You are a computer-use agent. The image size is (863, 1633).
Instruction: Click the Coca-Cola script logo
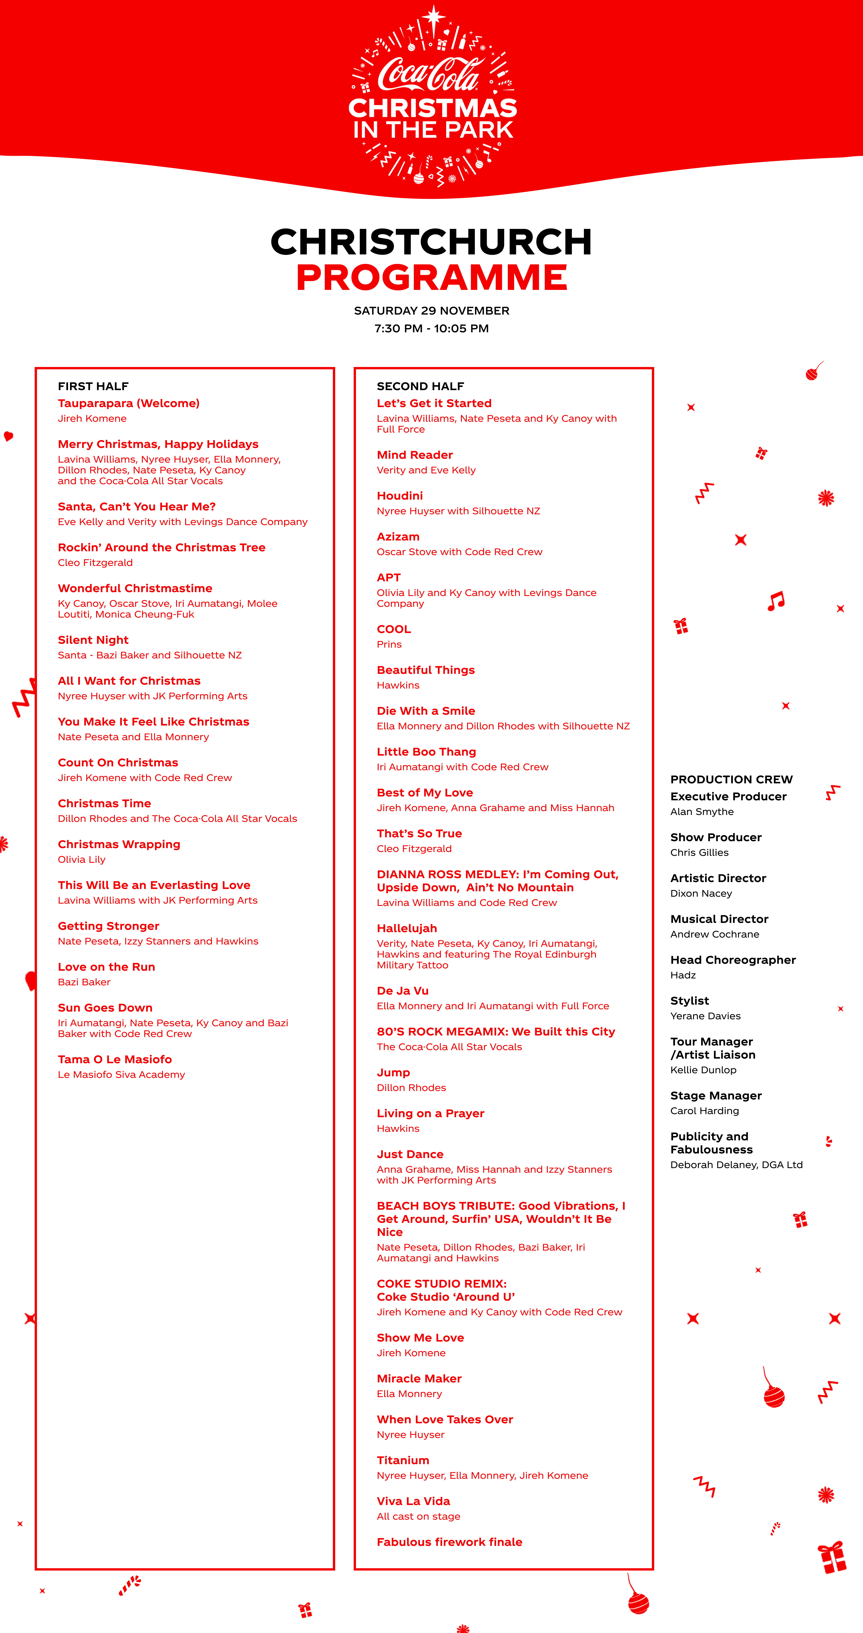[x=430, y=74]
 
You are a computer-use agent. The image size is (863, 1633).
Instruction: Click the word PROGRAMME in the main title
[x=431, y=278]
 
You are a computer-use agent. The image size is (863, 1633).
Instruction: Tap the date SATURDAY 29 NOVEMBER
[x=431, y=311]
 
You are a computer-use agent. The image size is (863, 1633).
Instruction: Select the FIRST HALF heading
[x=93, y=386]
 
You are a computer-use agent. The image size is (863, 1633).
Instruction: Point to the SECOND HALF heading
[x=420, y=386]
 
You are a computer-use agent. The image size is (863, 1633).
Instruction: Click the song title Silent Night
[x=93, y=640]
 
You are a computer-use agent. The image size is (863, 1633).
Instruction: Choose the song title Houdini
[x=400, y=496]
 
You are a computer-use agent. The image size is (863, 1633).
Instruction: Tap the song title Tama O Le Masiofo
[x=115, y=1059]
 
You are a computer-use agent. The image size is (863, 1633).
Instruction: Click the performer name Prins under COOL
[x=389, y=644]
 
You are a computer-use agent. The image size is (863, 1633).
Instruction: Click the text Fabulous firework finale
[x=449, y=1542]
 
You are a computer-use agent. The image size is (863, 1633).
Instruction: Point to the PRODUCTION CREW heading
[x=731, y=779]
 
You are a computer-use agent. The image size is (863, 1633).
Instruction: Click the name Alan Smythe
[x=702, y=811]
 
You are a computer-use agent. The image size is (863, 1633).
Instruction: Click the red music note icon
[x=776, y=600]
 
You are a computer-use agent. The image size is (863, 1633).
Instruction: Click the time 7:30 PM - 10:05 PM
[x=431, y=328]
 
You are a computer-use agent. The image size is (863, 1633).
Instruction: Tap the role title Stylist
[x=689, y=1000]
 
